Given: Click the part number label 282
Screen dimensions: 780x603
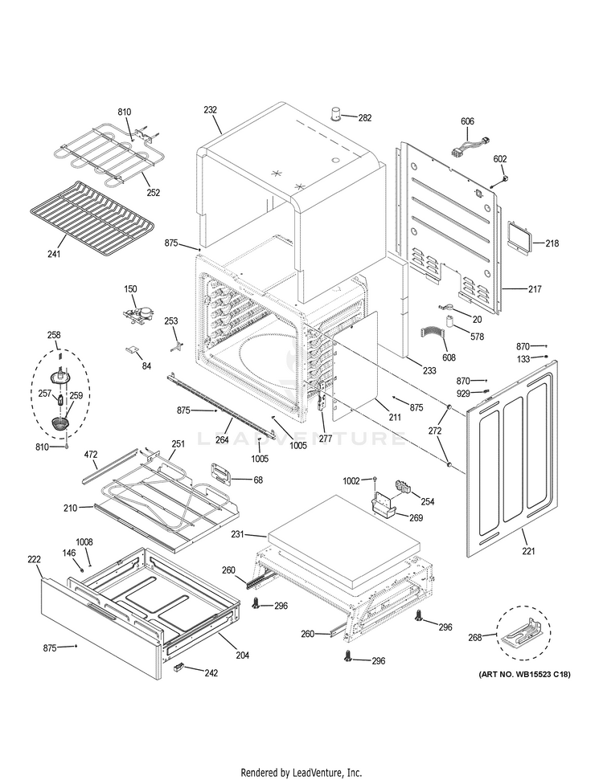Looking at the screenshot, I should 365,118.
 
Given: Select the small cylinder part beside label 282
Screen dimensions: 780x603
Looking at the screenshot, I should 335,111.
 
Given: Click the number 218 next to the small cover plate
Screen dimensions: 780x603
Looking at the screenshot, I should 552,243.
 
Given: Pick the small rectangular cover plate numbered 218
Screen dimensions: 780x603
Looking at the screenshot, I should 518,238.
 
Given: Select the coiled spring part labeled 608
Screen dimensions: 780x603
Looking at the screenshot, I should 437,333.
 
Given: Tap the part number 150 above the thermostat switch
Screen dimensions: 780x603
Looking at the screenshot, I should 130,288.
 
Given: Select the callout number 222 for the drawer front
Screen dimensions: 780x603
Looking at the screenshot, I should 34,559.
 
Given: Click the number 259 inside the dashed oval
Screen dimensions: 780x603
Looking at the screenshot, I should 76,395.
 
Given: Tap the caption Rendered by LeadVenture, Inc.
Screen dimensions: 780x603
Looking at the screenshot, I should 301,773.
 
